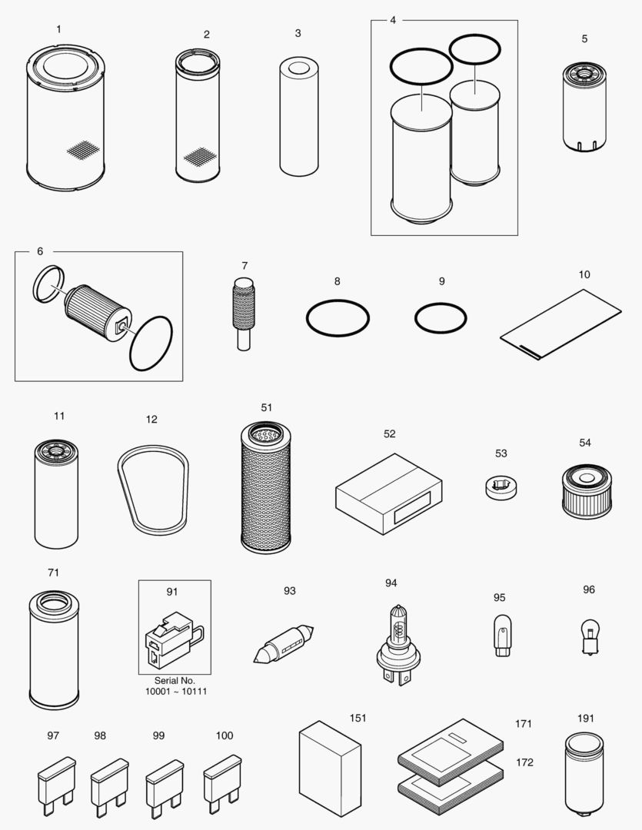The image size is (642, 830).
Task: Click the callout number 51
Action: click(x=266, y=407)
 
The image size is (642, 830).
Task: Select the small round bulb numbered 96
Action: click(x=589, y=636)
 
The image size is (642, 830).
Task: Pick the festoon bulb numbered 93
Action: click(x=282, y=643)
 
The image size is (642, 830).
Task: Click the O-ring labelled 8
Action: click(x=338, y=317)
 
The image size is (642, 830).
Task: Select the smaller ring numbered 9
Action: click(x=441, y=317)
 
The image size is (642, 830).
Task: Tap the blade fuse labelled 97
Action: click(x=56, y=783)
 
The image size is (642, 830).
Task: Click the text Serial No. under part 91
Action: click(x=176, y=681)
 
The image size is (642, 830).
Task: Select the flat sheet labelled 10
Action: click(x=561, y=324)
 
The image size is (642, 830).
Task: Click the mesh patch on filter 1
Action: click(x=84, y=150)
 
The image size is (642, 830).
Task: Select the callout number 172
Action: click(x=524, y=762)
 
